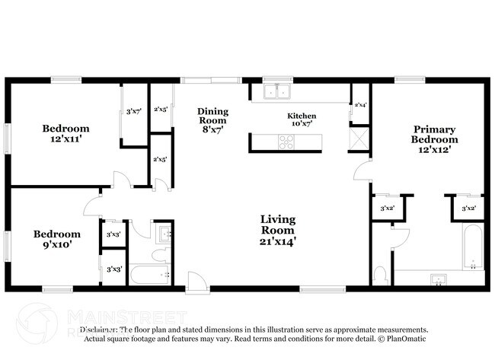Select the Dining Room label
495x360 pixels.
tap(213, 119)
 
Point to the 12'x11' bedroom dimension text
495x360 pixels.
tap(66, 139)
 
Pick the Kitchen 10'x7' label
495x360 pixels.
tap(302, 119)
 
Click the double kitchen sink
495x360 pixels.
tap(276, 92)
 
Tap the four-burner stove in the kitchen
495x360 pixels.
tap(286, 141)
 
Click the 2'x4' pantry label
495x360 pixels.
tap(359, 105)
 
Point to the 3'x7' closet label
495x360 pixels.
tap(134, 112)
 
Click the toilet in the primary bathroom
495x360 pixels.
tap(382, 274)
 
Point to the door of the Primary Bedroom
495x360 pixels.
tap(359, 172)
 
